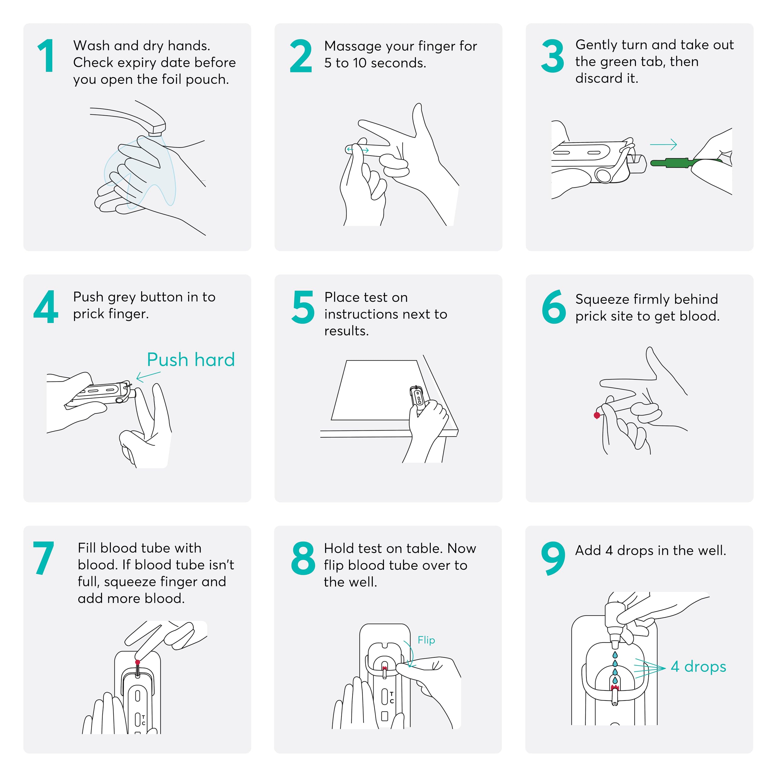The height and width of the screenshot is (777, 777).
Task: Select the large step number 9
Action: (553, 558)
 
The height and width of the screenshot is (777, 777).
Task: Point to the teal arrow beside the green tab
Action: (663, 144)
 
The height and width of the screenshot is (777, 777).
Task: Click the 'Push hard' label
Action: (191, 360)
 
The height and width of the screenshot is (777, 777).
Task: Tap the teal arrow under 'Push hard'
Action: (148, 376)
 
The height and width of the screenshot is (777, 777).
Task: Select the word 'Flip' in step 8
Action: (426, 640)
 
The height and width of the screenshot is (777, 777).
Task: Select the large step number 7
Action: (43, 558)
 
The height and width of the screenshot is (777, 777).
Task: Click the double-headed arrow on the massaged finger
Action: (358, 150)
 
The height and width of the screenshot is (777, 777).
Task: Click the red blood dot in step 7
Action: (137, 662)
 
